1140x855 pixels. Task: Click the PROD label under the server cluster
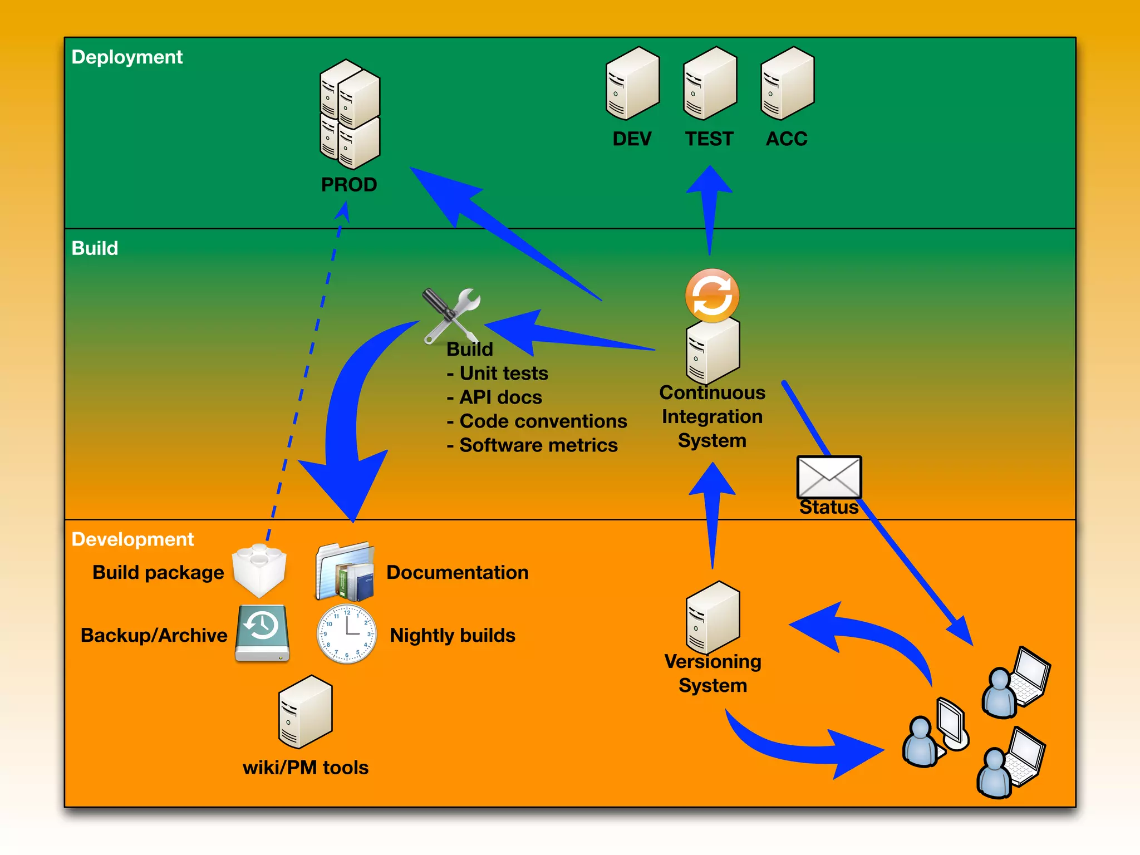(x=349, y=184)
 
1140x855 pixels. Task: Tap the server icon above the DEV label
(x=632, y=83)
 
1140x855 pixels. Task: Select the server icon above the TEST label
(x=710, y=83)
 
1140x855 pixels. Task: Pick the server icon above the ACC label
(x=787, y=83)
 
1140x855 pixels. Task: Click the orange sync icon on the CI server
(x=712, y=296)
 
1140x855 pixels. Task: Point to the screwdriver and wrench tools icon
(x=451, y=316)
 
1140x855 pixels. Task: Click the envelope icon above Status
(x=829, y=477)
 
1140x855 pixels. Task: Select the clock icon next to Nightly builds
(x=346, y=634)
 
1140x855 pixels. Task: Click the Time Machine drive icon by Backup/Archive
(x=262, y=633)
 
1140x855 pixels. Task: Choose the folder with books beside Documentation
(x=346, y=571)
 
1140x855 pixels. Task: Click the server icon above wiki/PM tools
(x=305, y=712)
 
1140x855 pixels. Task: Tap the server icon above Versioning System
(x=712, y=617)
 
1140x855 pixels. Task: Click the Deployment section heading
(x=127, y=57)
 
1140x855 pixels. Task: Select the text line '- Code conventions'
(x=537, y=421)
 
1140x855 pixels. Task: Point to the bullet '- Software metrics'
(x=532, y=445)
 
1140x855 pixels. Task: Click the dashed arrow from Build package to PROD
(x=306, y=373)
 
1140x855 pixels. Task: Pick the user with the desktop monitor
(x=935, y=733)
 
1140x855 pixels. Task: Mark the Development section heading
(x=132, y=539)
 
